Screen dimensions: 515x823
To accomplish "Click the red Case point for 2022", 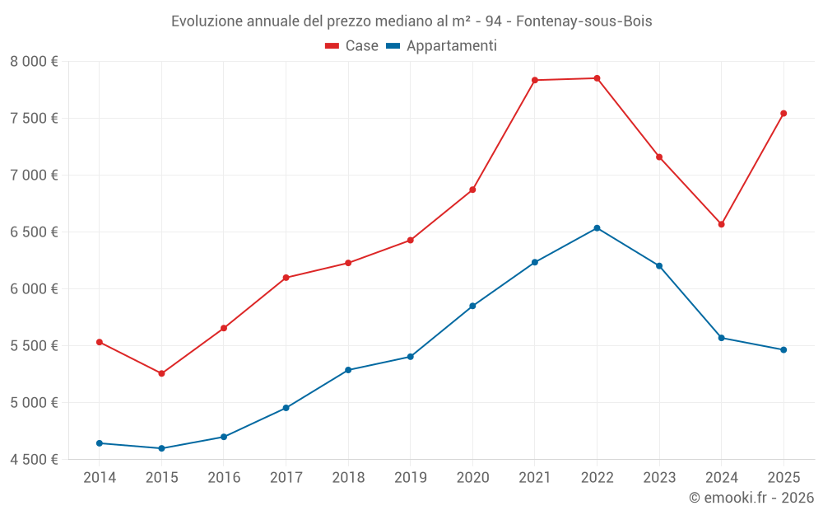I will tap(597, 78).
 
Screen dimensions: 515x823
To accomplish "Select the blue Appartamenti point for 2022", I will tap(597, 228).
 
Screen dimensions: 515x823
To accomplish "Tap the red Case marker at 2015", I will tap(161, 373).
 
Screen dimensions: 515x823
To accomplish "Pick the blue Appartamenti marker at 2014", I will tap(100, 443).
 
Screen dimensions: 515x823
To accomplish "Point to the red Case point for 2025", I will tap(783, 114).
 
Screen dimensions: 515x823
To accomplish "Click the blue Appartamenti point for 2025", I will tap(783, 350).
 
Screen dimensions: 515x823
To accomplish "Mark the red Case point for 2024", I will tap(721, 224).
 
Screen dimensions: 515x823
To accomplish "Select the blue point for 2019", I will tap(410, 357).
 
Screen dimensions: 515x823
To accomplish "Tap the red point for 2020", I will tap(472, 190).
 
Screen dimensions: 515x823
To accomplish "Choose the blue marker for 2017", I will tap(286, 408).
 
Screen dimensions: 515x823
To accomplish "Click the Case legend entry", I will tap(352, 46).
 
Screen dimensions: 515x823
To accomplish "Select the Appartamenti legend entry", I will tap(442, 46).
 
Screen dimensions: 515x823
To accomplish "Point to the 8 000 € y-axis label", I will tap(34, 62).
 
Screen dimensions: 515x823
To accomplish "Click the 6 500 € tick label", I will tap(34, 232).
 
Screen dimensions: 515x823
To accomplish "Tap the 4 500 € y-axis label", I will tap(34, 460).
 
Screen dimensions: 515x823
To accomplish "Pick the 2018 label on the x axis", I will tap(348, 477).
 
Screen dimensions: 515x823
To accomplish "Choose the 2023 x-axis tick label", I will tap(659, 477).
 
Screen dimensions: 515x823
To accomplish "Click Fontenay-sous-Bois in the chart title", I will tap(584, 21).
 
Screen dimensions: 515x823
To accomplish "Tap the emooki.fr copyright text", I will tap(751, 498).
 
